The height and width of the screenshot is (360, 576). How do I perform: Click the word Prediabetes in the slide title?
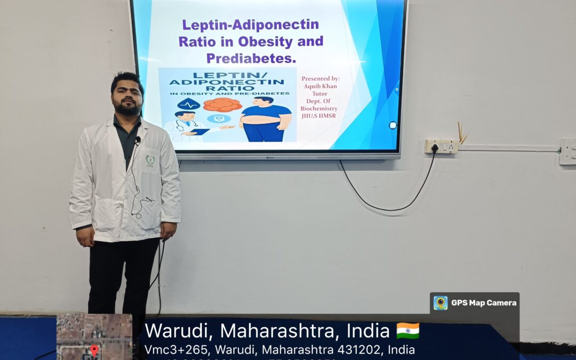251,58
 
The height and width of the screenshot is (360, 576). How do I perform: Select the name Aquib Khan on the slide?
319,86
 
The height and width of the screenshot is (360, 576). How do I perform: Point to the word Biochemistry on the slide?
319,109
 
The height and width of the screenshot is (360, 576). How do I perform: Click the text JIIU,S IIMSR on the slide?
319,116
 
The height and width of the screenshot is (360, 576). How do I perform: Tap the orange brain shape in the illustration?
222,105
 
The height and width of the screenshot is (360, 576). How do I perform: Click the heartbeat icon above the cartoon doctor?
189,104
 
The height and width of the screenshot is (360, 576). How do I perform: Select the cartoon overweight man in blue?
265,120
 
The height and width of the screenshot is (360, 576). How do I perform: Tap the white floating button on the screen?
393,125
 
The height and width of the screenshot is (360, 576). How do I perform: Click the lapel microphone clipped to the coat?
138,140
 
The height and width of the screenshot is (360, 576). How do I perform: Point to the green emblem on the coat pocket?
150,159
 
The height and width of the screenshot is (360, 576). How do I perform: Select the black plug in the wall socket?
435,147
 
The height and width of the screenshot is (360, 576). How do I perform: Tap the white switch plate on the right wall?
567,151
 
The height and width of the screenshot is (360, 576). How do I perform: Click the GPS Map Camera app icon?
441,303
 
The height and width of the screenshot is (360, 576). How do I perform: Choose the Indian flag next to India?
407,331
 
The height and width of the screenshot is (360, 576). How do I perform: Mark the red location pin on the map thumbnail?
94,350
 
